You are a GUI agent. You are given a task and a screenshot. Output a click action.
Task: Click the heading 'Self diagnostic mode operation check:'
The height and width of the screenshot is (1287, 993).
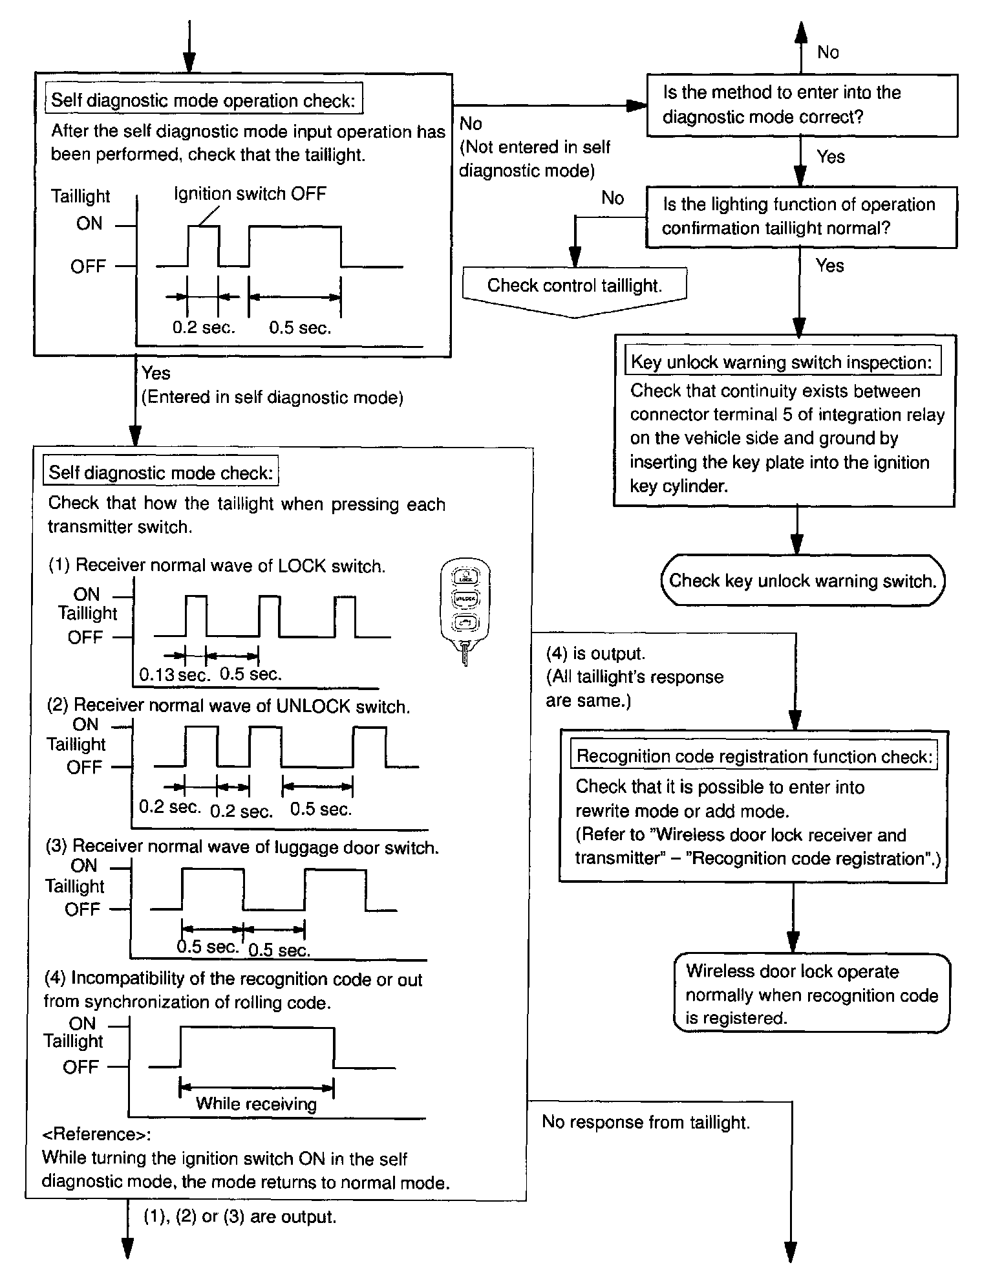coord(203,100)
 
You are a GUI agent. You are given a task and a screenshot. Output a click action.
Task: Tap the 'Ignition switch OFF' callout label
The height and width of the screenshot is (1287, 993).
coord(250,193)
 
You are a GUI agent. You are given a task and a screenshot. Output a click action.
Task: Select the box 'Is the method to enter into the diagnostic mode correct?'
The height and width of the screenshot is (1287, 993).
coord(802,105)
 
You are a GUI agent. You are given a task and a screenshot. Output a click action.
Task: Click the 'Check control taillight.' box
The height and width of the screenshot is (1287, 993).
coord(574,286)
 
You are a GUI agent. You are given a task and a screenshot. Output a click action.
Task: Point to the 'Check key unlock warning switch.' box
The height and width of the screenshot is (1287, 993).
coord(802,580)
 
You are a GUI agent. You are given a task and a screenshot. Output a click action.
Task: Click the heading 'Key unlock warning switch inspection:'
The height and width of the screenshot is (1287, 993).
coord(782,362)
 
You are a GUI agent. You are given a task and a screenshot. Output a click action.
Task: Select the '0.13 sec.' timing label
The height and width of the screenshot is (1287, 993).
coord(175,675)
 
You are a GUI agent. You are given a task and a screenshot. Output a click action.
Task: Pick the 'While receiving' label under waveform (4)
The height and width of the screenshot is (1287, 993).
coord(256,1103)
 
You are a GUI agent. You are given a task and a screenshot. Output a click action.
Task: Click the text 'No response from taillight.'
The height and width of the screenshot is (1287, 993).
coord(646,1122)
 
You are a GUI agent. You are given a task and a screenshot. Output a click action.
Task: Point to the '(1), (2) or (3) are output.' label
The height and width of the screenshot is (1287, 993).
coord(240,1217)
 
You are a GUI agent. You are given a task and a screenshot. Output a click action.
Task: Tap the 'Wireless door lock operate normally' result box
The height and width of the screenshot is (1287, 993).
coord(811,994)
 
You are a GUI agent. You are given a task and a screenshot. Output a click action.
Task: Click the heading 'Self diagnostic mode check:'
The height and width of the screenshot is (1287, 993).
coord(160,473)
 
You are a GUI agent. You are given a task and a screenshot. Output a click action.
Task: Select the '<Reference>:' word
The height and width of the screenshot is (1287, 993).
coord(96,1134)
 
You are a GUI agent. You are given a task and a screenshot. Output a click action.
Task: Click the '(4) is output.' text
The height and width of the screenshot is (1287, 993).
coord(595,653)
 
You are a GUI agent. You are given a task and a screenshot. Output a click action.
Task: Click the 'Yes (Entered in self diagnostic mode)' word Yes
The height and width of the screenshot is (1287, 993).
coord(156,373)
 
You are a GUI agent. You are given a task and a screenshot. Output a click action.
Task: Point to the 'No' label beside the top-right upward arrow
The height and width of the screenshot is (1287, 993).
coord(828,52)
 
